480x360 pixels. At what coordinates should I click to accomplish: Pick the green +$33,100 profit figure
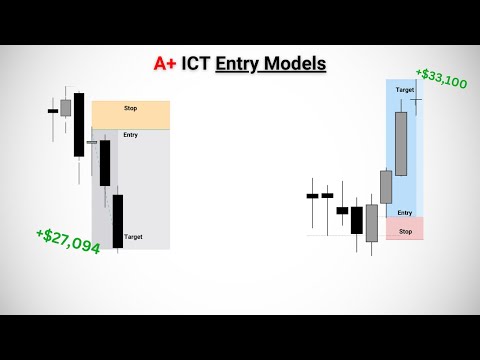click(x=442, y=78)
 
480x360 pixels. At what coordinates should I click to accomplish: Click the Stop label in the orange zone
click(x=130, y=108)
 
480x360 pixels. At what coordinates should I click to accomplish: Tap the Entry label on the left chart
click(x=130, y=134)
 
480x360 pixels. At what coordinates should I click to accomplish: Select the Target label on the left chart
click(x=133, y=237)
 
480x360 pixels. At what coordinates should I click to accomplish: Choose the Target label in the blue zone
click(x=404, y=90)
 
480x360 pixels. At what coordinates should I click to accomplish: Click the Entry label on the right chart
click(x=404, y=212)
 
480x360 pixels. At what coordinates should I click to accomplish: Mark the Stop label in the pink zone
click(x=404, y=231)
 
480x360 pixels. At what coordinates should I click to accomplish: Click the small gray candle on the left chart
click(x=66, y=107)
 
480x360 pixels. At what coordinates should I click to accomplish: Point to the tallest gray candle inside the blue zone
click(x=402, y=143)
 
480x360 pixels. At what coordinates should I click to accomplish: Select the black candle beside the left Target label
click(x=117, y=219)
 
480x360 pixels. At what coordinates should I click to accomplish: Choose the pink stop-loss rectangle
click(x=404, y=228)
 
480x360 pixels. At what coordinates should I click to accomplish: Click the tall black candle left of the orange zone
click(x=79, y=125)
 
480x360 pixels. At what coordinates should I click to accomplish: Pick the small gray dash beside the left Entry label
click(x=92, y=143)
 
